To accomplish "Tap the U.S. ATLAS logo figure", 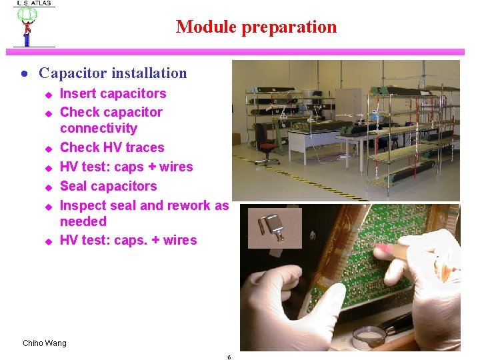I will tap(27, 28).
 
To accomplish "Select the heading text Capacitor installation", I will tap(113, 73).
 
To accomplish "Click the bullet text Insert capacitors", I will tap(113, 94).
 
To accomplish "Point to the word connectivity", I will tap(98, 128).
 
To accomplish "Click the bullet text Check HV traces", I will tap(111, 147).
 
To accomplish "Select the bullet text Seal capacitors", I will tap(108, 186).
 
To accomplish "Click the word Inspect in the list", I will tap(83, 205).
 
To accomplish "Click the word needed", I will tap(83, 221).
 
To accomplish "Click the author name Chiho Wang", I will tap(45, 343).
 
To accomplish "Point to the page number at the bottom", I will tap(229, 357).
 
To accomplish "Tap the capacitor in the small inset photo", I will tap(274, 227).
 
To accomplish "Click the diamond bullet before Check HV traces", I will tap(48, 149).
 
